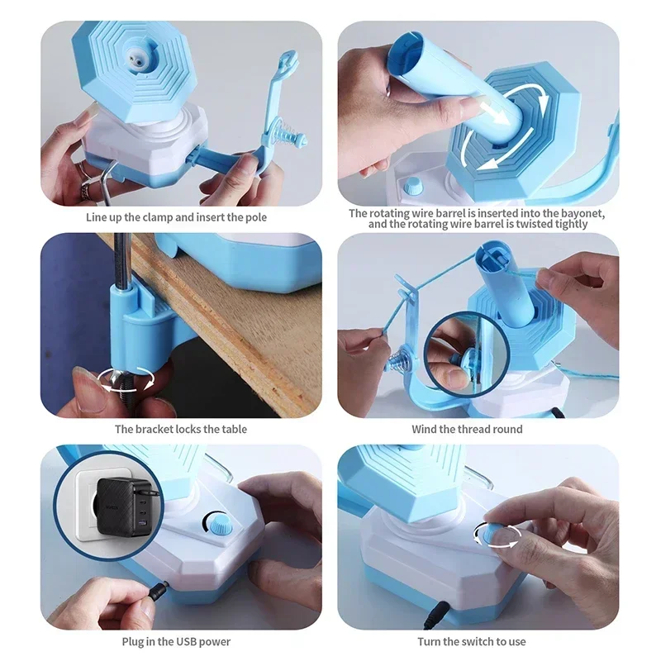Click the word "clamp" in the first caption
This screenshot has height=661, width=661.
(x=151, y=217)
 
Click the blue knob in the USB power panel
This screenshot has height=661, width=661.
(x=217, y=522)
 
